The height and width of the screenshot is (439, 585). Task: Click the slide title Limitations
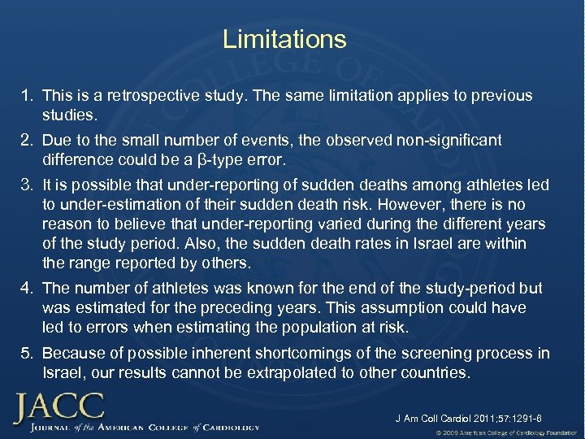click(x=284, y=39)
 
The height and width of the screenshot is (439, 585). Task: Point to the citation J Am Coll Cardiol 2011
click(x=468, y=419)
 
